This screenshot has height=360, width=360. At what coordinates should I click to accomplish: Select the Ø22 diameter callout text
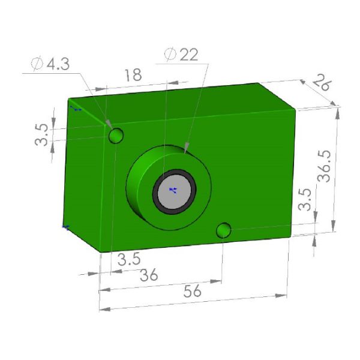coord(181,55)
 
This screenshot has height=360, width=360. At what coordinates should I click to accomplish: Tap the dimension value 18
coord(133,76)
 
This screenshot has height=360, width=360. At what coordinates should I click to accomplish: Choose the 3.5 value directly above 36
coord(129,259)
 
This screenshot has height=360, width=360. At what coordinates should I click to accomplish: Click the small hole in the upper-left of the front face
coord(116,136)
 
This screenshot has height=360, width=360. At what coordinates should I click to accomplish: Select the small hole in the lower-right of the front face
coord(223,230)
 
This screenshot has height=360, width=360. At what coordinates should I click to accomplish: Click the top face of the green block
coord(180,99)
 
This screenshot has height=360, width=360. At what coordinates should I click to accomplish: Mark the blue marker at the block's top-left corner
coord(75,109)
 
